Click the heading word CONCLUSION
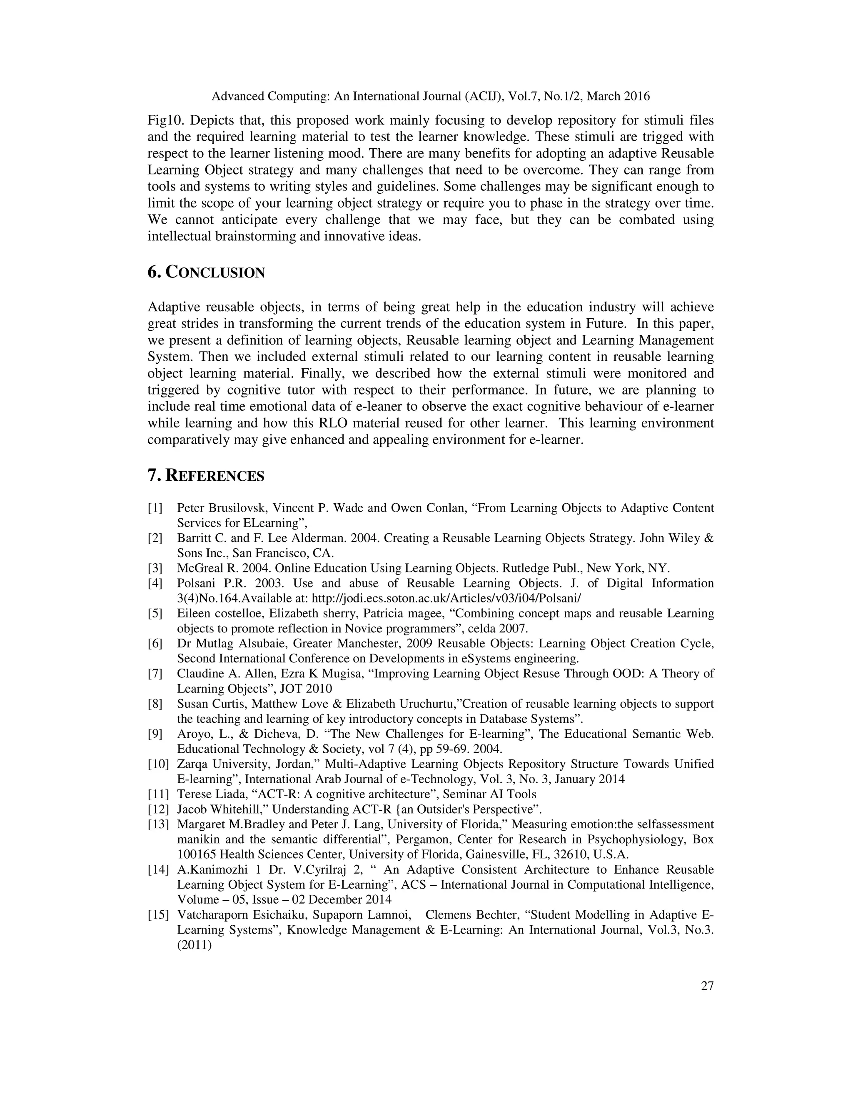215,273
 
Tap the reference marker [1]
155,508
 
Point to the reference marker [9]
155,734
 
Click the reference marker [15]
158,915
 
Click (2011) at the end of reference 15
194,945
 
